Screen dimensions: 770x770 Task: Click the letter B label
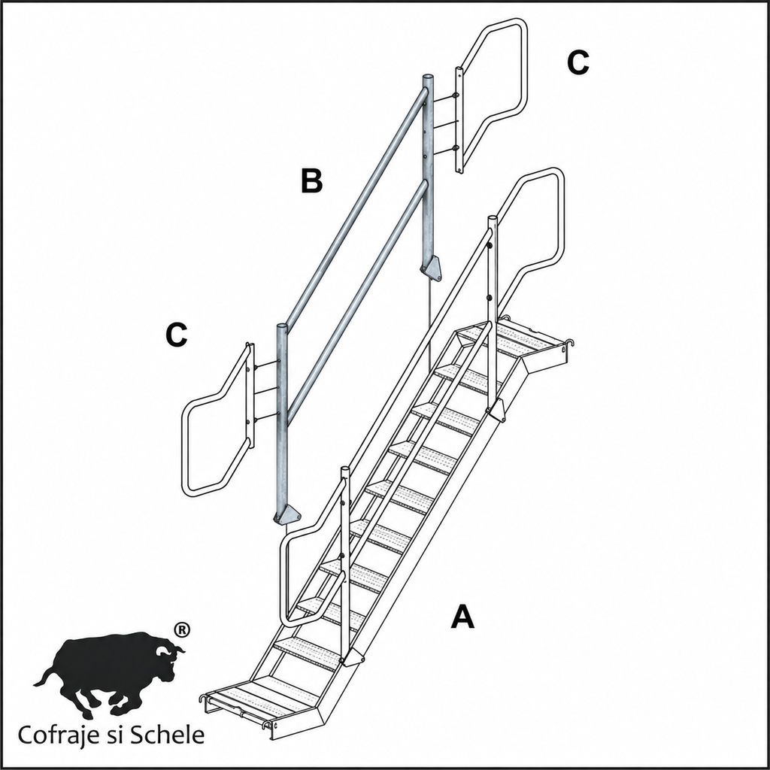click(x=312, y=180)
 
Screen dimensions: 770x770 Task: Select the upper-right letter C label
click(x=578, y=63)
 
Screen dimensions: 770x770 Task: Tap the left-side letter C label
click(x=176, y=335)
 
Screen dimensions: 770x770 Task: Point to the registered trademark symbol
click(x=182, y=629)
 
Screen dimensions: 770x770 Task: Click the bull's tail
click(x=45, y=676)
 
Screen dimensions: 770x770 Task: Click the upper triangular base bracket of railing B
click(x=431, y=269)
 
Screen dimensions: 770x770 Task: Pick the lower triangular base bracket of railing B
click(x=288, y=514)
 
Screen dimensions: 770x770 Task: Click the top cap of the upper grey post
click(x=428, y=77)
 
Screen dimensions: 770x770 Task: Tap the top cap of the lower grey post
click(x=282, y=326)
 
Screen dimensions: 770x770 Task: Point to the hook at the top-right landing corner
click(x=570, y=342)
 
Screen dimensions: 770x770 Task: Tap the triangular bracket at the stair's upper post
click(x=496, y=411)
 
